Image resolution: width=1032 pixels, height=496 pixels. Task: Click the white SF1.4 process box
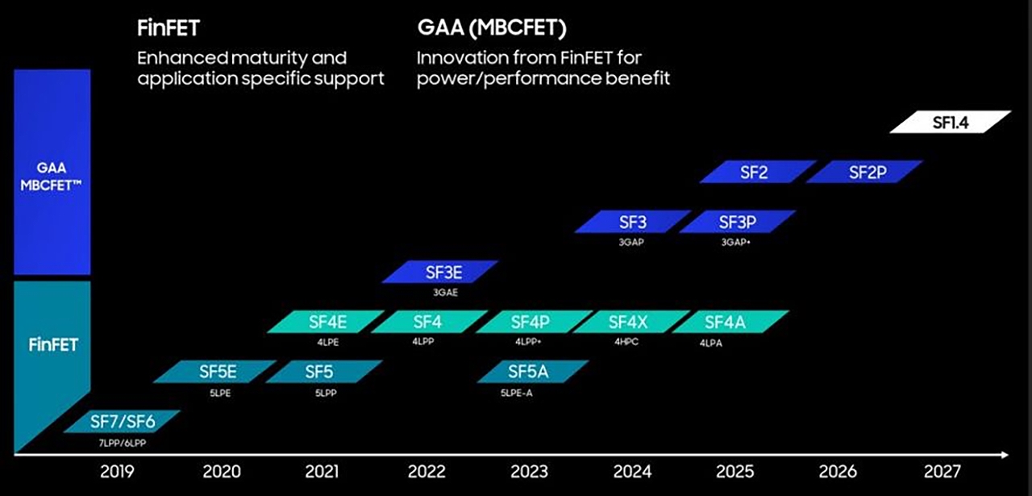click(950, 122)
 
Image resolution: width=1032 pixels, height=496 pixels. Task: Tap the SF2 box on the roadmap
click(757, 172)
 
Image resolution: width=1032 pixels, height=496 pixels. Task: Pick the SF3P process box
click(737, 222)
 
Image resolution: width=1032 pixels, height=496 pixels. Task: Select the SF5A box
click(532, 372)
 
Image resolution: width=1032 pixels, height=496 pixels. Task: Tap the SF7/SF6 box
click(121, 422)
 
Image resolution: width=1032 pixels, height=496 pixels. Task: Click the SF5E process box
click(214, 372)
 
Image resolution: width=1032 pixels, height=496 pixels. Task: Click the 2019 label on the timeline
click(117, 472)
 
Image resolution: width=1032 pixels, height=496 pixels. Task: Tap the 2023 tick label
click(529, 472)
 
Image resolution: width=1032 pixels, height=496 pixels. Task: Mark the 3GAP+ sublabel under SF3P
click(734, 242)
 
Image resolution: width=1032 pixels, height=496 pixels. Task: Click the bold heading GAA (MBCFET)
click(492, 28)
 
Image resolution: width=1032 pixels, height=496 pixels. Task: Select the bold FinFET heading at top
click(168, 29)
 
